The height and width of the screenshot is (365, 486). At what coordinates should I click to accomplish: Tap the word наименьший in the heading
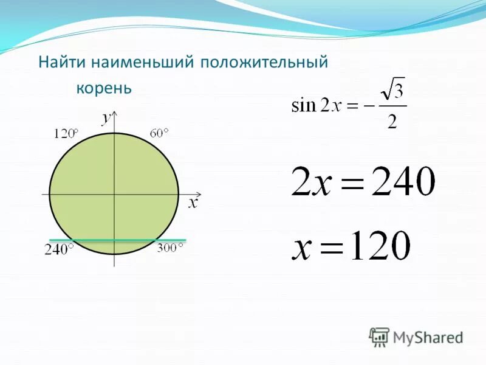(x=135, y=63)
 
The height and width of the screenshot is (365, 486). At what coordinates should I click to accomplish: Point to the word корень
(x=104, y=89)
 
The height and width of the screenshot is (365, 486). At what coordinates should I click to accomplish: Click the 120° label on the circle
(x=66, y=133)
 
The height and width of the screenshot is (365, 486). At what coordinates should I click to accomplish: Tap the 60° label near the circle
(x=160, y=133)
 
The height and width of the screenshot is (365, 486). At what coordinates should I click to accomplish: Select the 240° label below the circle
(x=59, y=249)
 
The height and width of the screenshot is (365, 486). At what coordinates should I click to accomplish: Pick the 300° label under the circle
(x=169, y=248)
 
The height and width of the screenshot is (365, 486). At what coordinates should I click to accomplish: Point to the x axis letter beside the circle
(x=193, y=203)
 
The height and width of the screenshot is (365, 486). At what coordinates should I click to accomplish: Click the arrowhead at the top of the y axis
(x=115, y=114)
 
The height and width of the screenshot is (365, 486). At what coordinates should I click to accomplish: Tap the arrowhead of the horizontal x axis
(x=185, y=194)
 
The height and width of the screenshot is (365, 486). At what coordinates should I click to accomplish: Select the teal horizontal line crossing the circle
(x=115, y=240)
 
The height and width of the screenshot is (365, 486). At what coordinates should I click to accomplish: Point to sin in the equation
(x=304, y=106)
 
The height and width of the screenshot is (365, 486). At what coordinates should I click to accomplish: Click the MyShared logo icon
(x=379, y=336)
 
